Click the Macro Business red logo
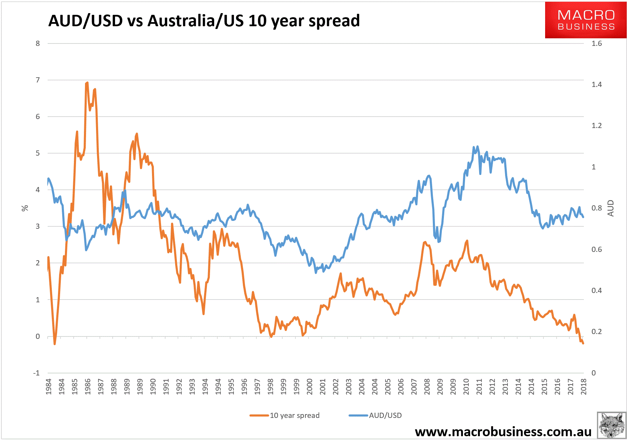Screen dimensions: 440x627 click(586, 20)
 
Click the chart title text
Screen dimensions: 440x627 click(204, 21)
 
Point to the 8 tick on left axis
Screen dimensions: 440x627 click(38, 43)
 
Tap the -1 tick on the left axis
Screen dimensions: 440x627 click(36, 373)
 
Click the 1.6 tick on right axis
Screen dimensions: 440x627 click(597, 43)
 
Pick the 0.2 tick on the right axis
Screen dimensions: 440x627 click(597, 332)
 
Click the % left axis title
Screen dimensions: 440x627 click(25, 208)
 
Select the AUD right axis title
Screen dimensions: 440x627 click(611, 208)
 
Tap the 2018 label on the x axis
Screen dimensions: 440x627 click(583, 387)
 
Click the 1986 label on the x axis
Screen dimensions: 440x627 click(88, 387)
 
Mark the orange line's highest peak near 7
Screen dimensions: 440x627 click(87, 82)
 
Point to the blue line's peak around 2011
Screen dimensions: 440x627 click(477, 146)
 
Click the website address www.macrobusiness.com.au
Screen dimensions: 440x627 click(503, 432)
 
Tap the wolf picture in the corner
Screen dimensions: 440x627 click(611, 425)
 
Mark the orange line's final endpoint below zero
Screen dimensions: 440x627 click(583, 343)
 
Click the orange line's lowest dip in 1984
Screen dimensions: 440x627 click(55, 344)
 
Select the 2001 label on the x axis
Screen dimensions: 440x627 click(323, 387)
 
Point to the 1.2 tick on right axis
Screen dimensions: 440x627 click(597, 126)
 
